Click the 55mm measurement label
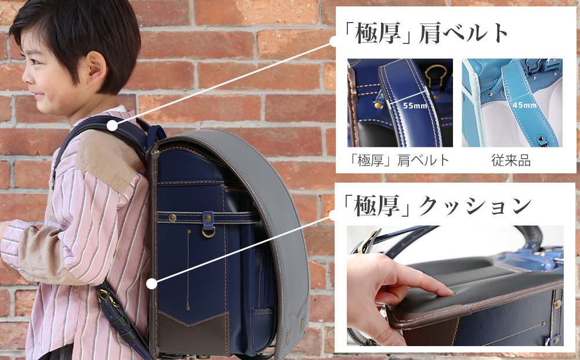(415, 106)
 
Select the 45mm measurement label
(524, 105)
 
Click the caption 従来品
(511, 161)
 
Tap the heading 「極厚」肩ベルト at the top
(425, 33)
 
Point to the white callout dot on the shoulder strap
(113, 126)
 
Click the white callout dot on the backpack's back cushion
(151, 283)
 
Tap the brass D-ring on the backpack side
(208, 232)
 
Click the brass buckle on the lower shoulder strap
(106, 296)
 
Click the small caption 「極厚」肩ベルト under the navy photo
(399, 161)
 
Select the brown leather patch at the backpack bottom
(193, 333)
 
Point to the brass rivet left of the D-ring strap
(172, 218)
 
